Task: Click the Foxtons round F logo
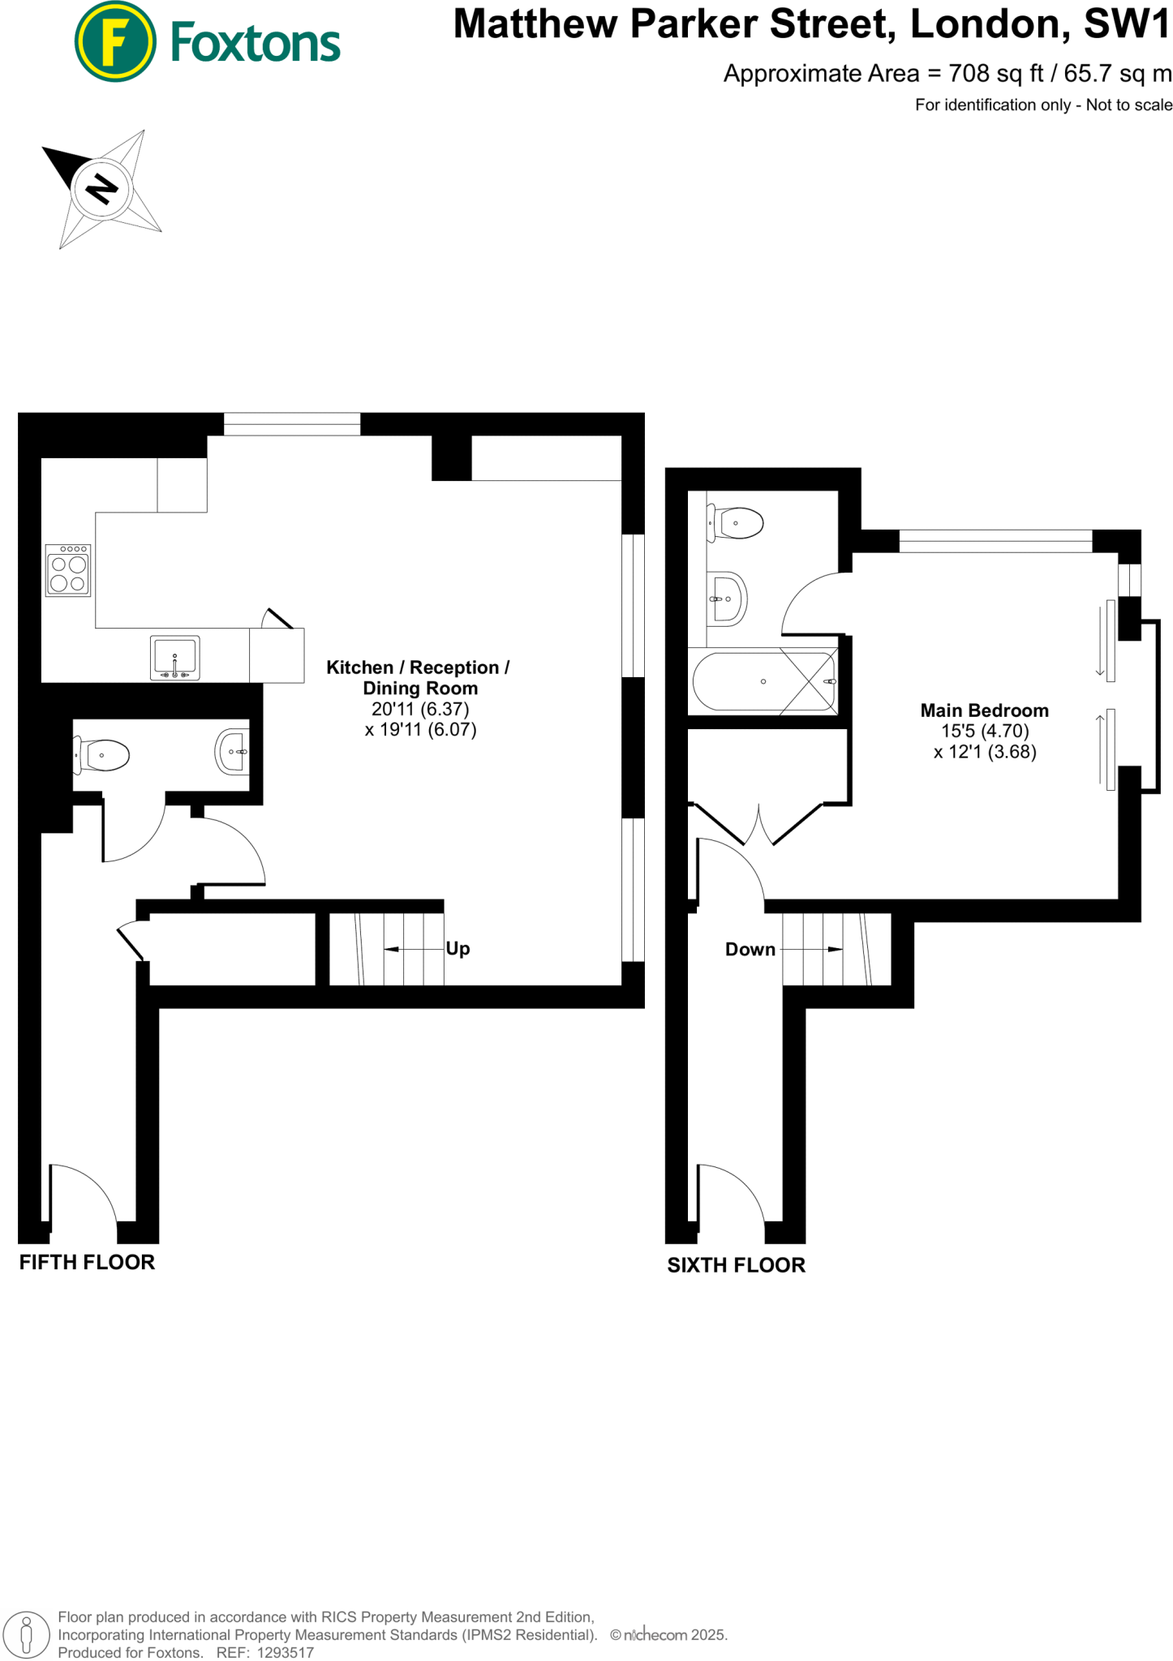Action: coord(114,42)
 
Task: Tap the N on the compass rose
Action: coord(101,189)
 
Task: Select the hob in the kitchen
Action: coord(68,571)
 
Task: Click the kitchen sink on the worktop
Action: coord(174,657)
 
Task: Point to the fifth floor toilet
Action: coord(102,754)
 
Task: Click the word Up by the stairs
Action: coord(458,948)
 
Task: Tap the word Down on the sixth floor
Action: coord(750,949)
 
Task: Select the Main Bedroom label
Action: coord(984,710)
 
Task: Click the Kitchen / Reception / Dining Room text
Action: coord(418,677)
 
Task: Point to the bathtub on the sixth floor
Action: coord(763,681)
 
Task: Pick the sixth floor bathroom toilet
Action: coord(736,523)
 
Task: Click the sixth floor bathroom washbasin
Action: coord(727,599)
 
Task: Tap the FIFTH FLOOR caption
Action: coord(87,1262)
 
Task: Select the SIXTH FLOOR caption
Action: coord(736,1265)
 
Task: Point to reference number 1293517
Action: coord(285,1652)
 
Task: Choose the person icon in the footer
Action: coord(27,1634)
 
